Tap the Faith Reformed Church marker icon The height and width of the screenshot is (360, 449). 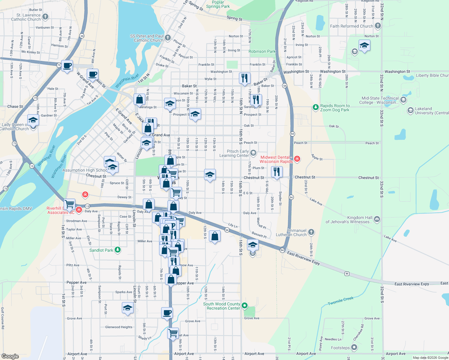(x=378, y=26)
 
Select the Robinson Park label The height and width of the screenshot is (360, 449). (x=262, y=51)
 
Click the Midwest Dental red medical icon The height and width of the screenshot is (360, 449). (x=297, y=159)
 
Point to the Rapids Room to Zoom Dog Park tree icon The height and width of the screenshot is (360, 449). (x=315, y=107)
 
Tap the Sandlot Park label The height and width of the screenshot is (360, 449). (x=101, y=250)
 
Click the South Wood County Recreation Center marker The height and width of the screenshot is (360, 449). (x=245, y=306)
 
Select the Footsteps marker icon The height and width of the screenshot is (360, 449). (x=354, y=347)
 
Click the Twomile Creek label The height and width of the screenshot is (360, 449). (x=341, y=301)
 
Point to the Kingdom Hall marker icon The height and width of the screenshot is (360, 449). (x=377, y=219)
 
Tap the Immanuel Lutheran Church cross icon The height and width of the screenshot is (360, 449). (x=311, y=232)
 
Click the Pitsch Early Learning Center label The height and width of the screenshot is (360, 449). (x=234, y=153)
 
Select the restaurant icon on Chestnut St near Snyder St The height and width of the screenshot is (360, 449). (x=277, y=172)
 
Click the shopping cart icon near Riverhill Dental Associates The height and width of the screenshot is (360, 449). (x=70, y=204)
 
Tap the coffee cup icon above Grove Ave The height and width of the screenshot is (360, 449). (x=167, y=313)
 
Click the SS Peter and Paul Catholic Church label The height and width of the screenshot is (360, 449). (x=147, y=38)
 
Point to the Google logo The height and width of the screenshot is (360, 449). (x=10, y=356)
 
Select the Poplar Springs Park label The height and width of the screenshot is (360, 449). (x=218, y=4)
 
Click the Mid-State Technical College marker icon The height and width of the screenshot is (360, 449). (x=403, y=100)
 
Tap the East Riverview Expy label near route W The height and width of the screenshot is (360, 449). (x=303, y=258)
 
